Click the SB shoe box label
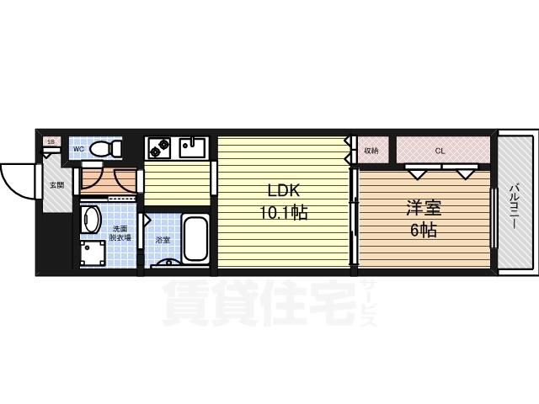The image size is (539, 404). (x=51, y=141)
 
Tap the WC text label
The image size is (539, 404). (x=78, y=149)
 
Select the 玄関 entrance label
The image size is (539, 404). (x=56, y=184)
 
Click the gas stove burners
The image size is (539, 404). (x=158, y=148)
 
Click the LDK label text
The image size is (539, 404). (x=284, y=189)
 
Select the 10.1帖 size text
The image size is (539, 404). (x=284, y=213)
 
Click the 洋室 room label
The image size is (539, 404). (x=423, y=206)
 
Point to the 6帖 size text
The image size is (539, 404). (x=423, y=231)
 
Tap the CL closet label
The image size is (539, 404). (x=439, y=151)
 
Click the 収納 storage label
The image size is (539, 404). (x=371, y=151)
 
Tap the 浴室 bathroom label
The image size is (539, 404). (x=163, y=240)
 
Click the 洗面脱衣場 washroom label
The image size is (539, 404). (x=120, y=233)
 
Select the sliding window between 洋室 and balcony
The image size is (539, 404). (x=494, y=219)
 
